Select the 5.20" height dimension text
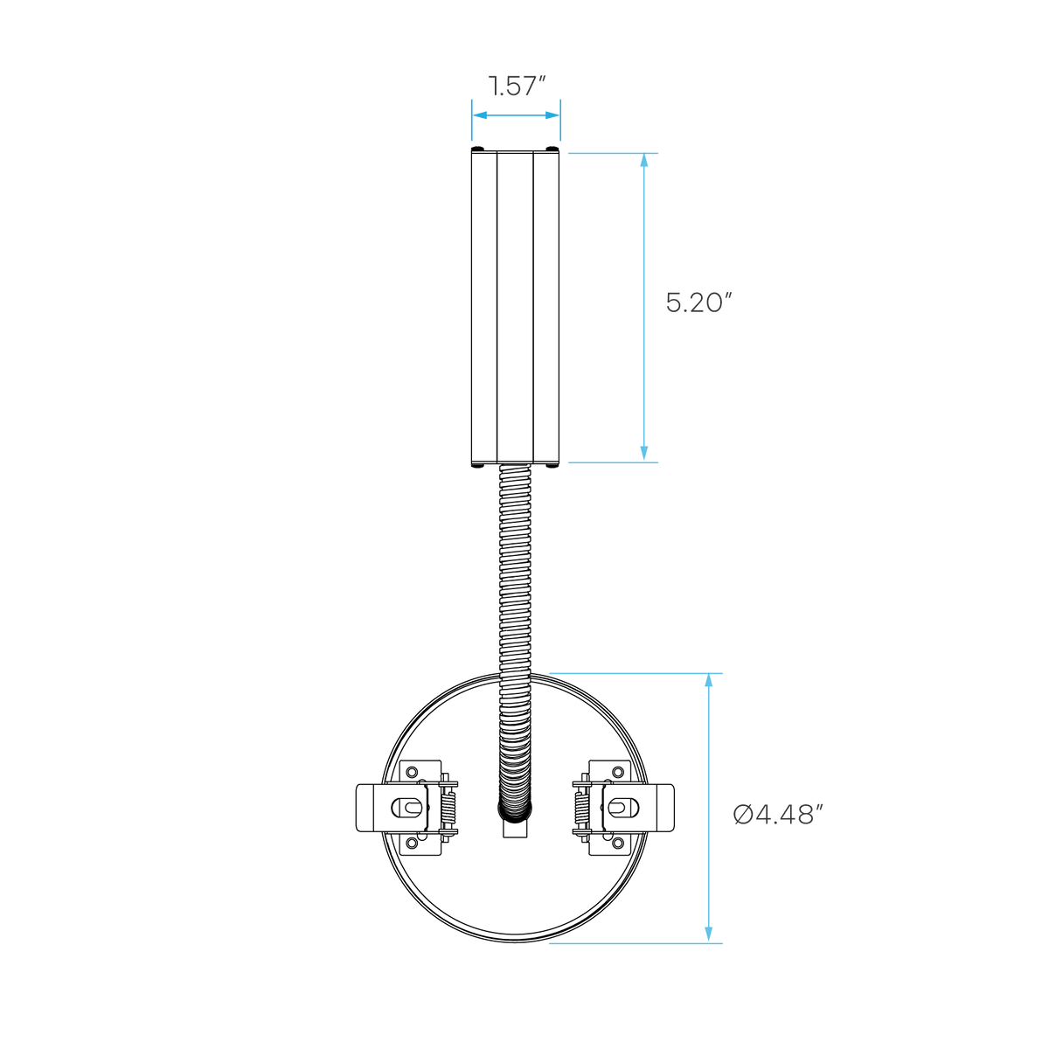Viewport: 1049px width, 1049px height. point(698,302)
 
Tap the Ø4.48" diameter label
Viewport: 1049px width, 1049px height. point(777,815)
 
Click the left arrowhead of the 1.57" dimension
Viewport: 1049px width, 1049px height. point(480,115)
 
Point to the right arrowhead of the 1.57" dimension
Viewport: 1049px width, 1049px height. point(552,115)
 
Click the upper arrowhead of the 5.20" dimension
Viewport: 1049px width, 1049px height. point(644,161)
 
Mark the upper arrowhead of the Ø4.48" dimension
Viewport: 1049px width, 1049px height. point(708,681)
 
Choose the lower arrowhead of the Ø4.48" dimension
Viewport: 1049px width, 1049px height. point(708,935)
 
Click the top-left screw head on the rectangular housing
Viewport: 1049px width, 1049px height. point(478,149)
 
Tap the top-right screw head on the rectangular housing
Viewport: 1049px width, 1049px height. point(552,149)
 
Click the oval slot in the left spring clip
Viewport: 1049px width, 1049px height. point(407,809)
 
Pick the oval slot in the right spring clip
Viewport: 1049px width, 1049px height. point(622,809)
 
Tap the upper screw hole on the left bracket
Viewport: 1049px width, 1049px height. point(412,772)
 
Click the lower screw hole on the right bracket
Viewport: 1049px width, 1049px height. point(618,844)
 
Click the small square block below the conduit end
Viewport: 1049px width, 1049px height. point(515,829)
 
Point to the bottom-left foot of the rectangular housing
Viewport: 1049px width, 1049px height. point(478,466)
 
